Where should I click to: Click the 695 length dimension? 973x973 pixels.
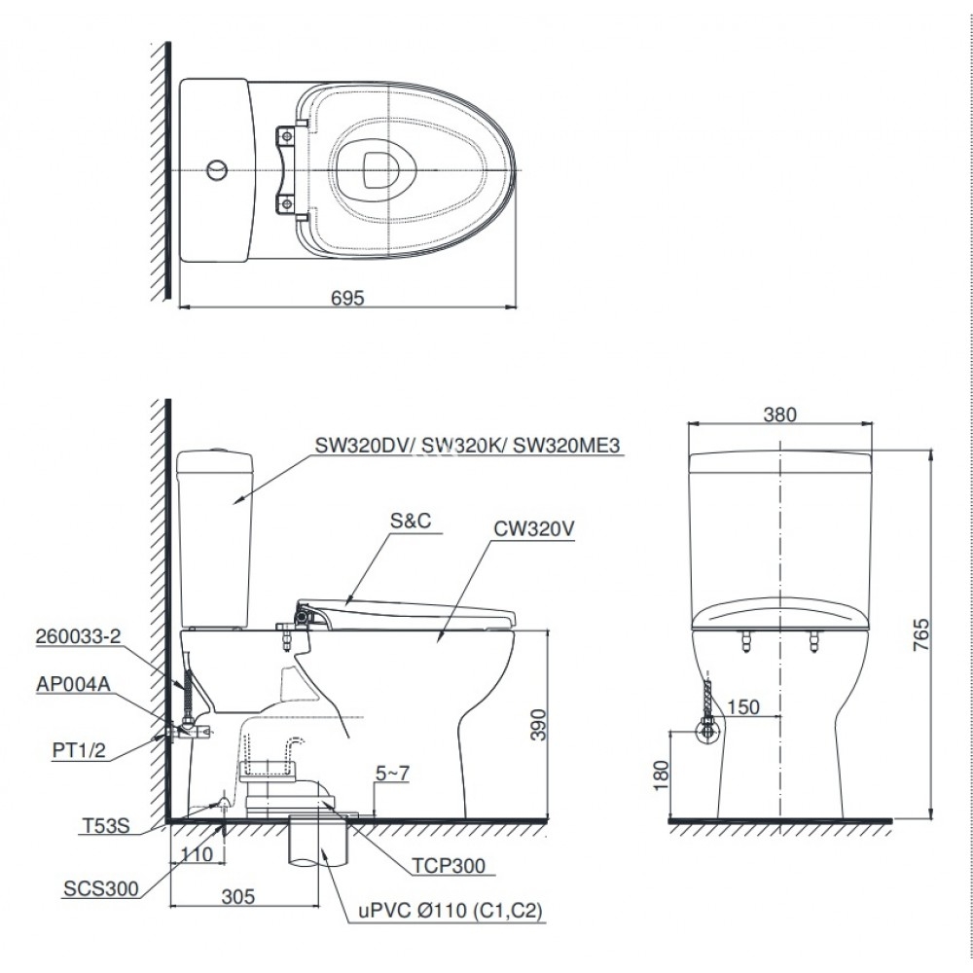(347, 299)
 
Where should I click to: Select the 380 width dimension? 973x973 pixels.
(779, 414)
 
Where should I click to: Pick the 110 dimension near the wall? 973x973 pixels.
(196, 855)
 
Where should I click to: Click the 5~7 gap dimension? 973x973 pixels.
(393, 775)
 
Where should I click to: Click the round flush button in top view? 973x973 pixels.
(219, 171)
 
